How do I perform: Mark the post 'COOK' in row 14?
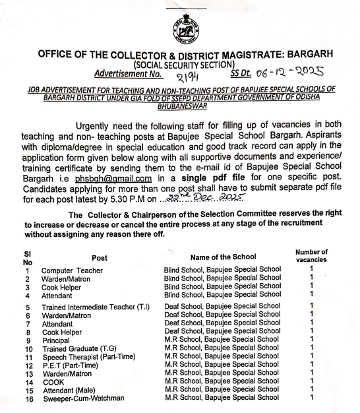54,382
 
